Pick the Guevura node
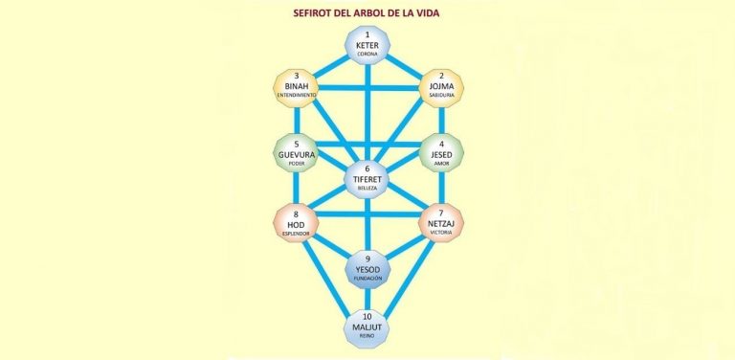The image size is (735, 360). pyautogui.click(x=296, y=153)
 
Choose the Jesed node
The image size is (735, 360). pyautogui.click(x=441, y=153)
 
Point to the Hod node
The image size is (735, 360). pyautogui.click(x=296, y=222)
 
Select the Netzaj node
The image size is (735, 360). pyautogui.click(x=441, y=222)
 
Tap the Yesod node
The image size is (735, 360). pyautogui.click(x=367, y=269)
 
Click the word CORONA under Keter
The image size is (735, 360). pyautogui.click(x=367, y=56)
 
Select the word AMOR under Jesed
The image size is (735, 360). pyautogui.click(x=441, y=164)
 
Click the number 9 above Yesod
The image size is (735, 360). pyautogui.click(x=367, y=259)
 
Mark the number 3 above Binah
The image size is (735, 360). pyautogui.click(x=296, y=76)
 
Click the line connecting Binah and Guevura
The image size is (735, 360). pyautogui.click(x=296, y=120)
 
